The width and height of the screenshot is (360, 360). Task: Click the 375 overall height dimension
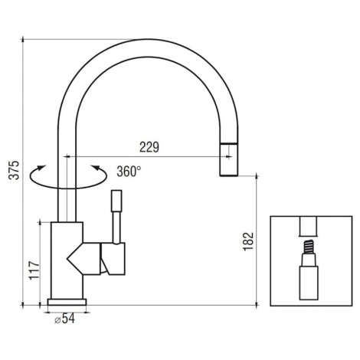pyautogui.click(x=14, y=170)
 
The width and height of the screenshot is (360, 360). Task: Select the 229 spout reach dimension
pyautogui.click(x=149, y=147)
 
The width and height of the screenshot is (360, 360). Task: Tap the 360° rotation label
pyautogui.click(x=129, y=172)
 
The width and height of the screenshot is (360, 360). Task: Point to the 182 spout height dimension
pyautogui.click(x=248, y=241)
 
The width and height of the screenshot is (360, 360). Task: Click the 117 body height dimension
pyautogui.click(x=34, y=270)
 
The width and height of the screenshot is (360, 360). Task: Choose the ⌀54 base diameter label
pyautogui.click(x=64, y=319)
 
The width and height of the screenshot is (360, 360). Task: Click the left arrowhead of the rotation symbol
pyautogui.click(x=41, y=167)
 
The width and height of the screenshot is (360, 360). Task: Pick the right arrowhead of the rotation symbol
pyautogui.click(x=96, y=168)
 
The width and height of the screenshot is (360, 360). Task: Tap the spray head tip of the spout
pyautogui.click(x=229, y=160)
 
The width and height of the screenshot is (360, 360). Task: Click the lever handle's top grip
pyautogui.click(x=116, y=201)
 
